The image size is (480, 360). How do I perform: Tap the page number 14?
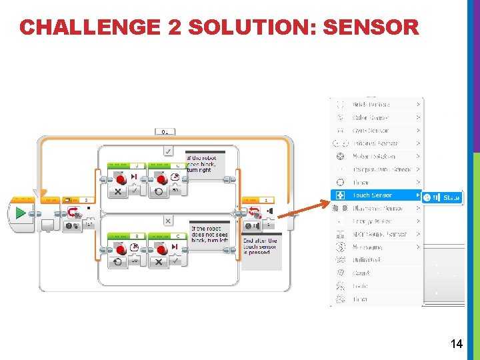(x=457, y=344)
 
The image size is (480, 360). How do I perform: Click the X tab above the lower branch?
(x=168, y=221)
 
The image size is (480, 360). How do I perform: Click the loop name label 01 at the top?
(x=165, y=131)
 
